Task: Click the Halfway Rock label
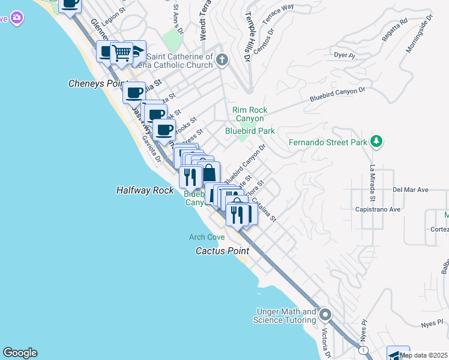(x=145, y=190)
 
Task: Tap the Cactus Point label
(x=222, y=251)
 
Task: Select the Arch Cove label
(x=206, y=238)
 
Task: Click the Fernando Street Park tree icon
(x=376, y=142)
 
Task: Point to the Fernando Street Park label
(x=327, y=143)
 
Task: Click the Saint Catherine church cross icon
(x=222, y=59)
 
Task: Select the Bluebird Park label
(x=250, y=131)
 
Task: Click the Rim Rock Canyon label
(x=250, y=114)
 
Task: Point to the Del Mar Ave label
(x=410, y=190)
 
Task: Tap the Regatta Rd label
(x=394, y=31)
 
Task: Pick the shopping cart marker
(x=122, y=53)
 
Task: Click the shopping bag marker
(x=208, y=173)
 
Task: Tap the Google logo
(x=20, y=353)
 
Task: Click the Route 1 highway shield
(x=363, y=350)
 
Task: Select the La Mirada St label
(x=372, y=183)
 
